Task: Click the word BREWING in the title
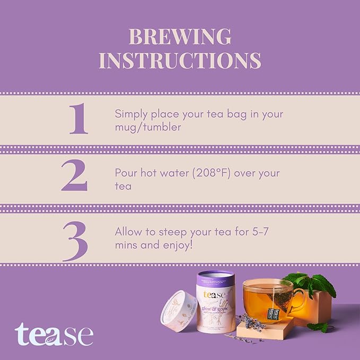[x=180, y=37]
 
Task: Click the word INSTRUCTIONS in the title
[x=180, y=60]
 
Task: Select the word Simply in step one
[x=130, y=115]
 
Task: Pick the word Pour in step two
[x=126, y=173]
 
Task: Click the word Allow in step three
[x=128, y=232]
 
